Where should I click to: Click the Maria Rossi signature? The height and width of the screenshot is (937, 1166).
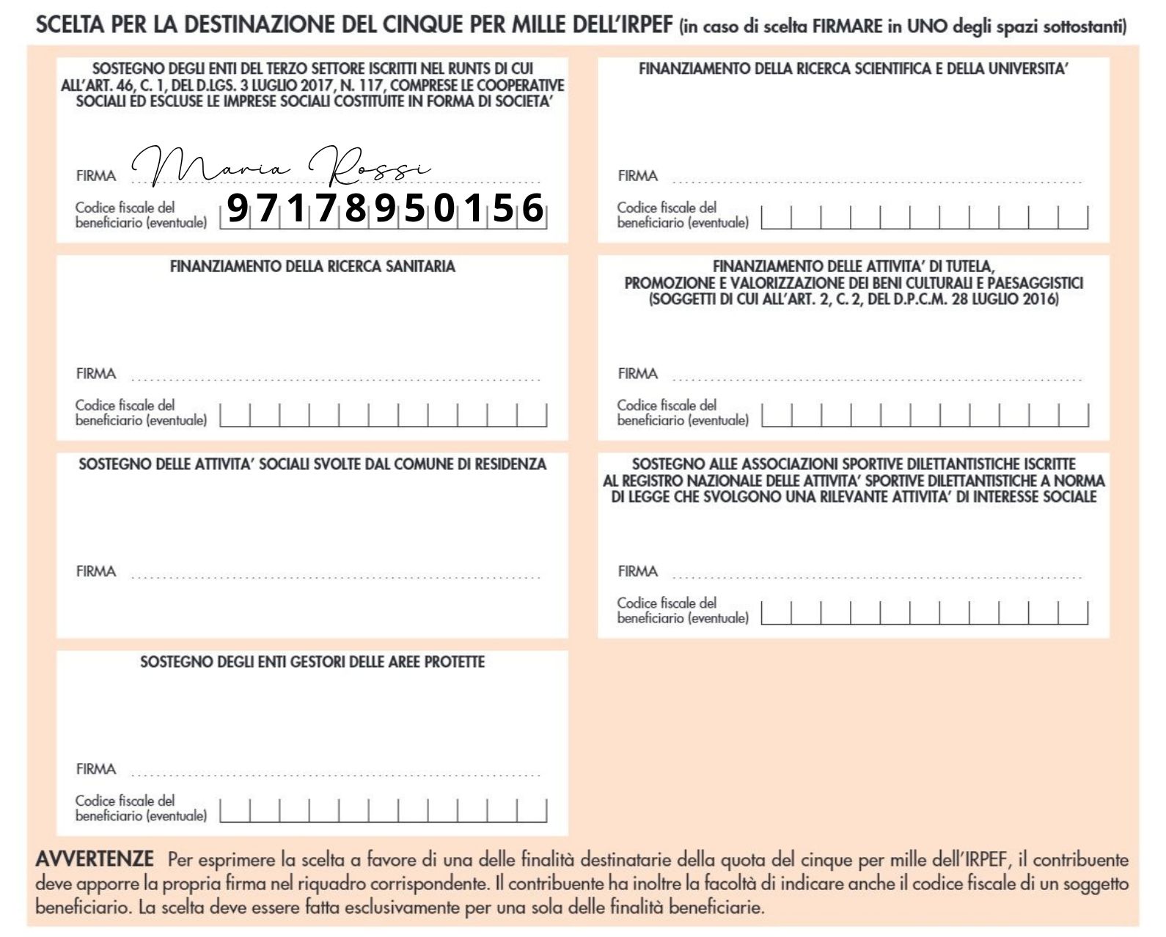pyautogui.click(x=282, y=167)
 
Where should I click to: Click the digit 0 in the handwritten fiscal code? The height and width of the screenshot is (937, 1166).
pyautogui.click(x=444, y=208)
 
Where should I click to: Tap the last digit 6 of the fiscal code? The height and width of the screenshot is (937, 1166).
pyautogui.click(x=532, y=208)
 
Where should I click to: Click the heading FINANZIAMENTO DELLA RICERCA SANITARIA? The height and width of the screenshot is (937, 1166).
pyautogui.click(x=312, y=266)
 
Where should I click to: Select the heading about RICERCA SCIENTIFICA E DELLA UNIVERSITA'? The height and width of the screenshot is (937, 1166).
pyautogui.click(x=853, y=69)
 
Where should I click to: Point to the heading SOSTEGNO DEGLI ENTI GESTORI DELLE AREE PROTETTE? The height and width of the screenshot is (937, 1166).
pyautogui.click(x=312, y=662)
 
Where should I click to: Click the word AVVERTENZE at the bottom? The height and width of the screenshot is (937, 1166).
pyautogui.click(x=95, y=859)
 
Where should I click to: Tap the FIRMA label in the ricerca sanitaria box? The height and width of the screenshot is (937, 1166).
pyautogui.click(x=96, y=374)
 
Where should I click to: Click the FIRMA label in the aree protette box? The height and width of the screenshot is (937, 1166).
pyautogui.click(x=96, y=769)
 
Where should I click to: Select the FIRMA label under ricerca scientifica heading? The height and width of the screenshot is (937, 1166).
pyautogui.click(x=638, y=176)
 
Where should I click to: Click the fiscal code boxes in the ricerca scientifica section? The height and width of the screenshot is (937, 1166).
pyautogui.click(x=925, y=217)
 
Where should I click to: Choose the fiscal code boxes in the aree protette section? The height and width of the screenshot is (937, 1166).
pyautogui.click(x=384, y=810)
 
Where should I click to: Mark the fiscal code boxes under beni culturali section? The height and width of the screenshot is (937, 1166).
pyautogui.click(x=925, y=415)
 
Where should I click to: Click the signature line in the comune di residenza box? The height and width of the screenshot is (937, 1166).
pyautogui.click(x=336, y=576)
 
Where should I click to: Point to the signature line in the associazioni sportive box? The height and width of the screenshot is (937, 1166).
pyautogui.click(x=877, y=576)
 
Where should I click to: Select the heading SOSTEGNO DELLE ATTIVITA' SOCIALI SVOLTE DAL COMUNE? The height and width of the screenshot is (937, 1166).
pyautogui.click(x=312, y=464)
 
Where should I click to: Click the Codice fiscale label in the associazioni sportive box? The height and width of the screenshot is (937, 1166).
pyautogui.click(x=683, y=610)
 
